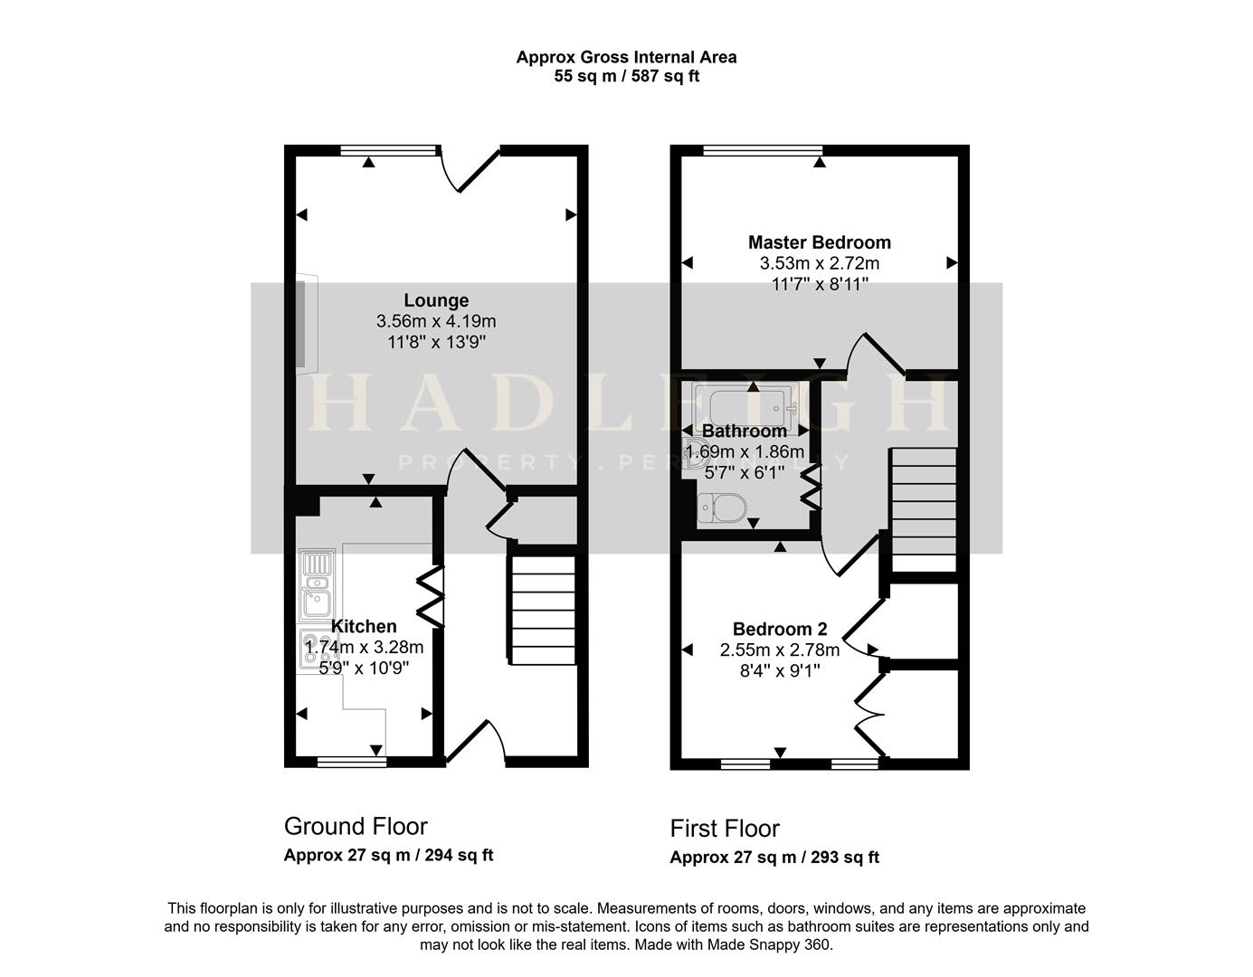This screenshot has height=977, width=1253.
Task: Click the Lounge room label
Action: [x=436, y=300]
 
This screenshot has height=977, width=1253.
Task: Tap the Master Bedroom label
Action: [x=820, y=242]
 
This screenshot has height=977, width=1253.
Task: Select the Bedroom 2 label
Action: [x=780, y=629]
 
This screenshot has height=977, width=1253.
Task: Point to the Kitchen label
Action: [x=364, y=626]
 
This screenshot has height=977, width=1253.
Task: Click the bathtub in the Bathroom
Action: [x=746, y=406]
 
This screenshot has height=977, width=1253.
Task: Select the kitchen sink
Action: [x=317, y=585]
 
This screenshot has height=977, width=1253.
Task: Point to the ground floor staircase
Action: [x=542, y=610]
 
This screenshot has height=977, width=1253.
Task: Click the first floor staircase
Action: [x=924, y=510]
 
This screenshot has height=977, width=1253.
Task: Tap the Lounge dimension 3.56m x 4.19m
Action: [x=436, y=321]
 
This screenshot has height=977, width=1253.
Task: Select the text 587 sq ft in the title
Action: [x=666, y=77]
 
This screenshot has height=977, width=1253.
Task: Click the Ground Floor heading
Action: [x=356, y=827]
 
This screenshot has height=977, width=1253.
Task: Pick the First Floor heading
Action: [x=725, y=829]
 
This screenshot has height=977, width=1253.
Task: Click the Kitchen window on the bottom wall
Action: [x=352, y=763]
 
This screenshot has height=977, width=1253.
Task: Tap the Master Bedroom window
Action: [x=764, y=150]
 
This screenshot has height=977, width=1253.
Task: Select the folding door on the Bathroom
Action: [x=812, y=487]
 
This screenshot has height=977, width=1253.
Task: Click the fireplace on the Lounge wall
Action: [x=308, y=324]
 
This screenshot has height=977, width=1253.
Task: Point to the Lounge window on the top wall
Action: [x=390, y=150]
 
